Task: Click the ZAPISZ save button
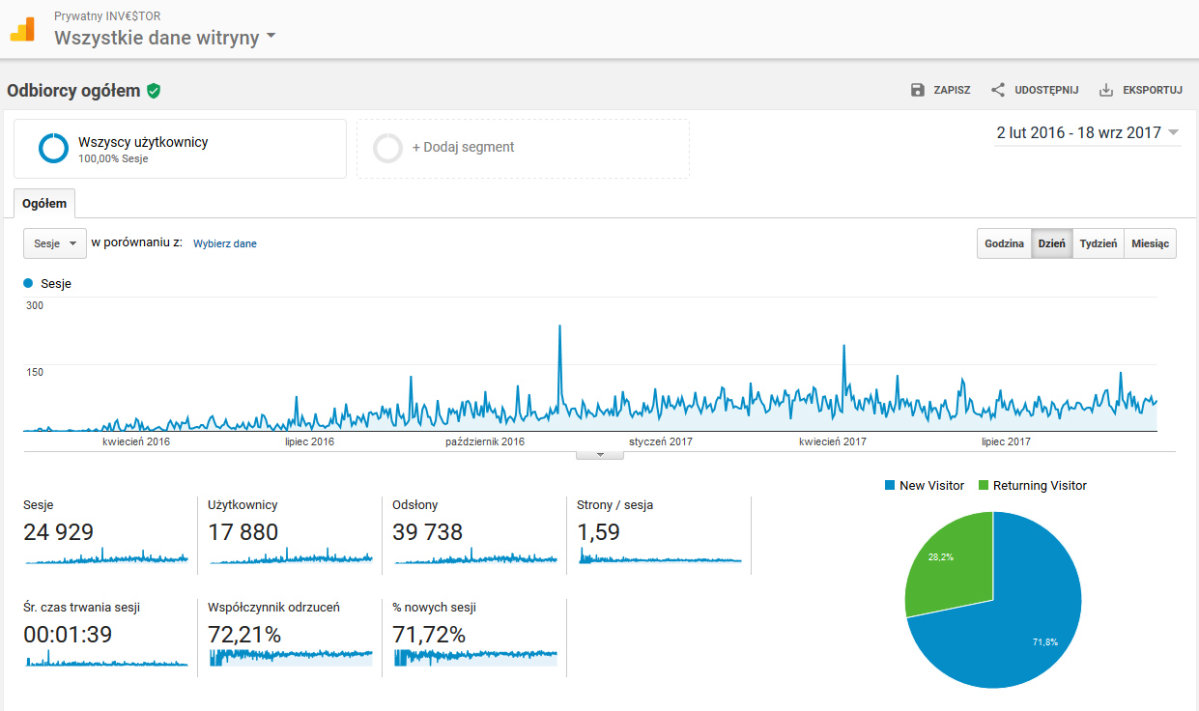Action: [x=940, y=90]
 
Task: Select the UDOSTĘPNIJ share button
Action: [x=1035, y=90]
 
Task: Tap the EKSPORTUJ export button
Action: [x=1141, y=90]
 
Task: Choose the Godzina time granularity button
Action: [x=1004, y=243]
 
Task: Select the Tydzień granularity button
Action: [x=1098, y=243]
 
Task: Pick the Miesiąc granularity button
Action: [x=1150, y=243]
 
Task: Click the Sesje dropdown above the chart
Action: [x=55, y=243]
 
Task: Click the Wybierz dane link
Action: [x=224, y=243]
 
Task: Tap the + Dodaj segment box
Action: [x=522, y=148]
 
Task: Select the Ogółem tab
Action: [x=44, y=204]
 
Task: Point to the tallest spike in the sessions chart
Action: [x=559, y=327]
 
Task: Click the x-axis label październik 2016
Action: [x=485, y=441]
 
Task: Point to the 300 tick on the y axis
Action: [x=35, y=305]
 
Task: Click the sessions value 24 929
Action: [x=58, y=532]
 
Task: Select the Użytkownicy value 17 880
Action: [x=243, y=532]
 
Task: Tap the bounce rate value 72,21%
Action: [x=244, y=635]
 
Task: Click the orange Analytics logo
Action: [x=22, y=29]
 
